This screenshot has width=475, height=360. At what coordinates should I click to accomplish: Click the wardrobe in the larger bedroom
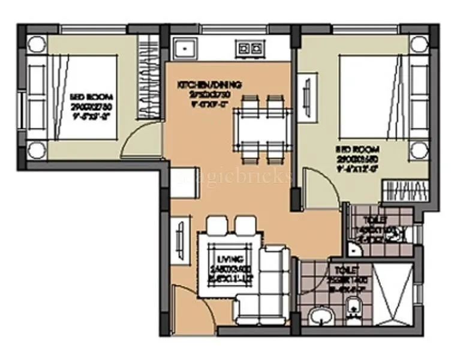[405, 191]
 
